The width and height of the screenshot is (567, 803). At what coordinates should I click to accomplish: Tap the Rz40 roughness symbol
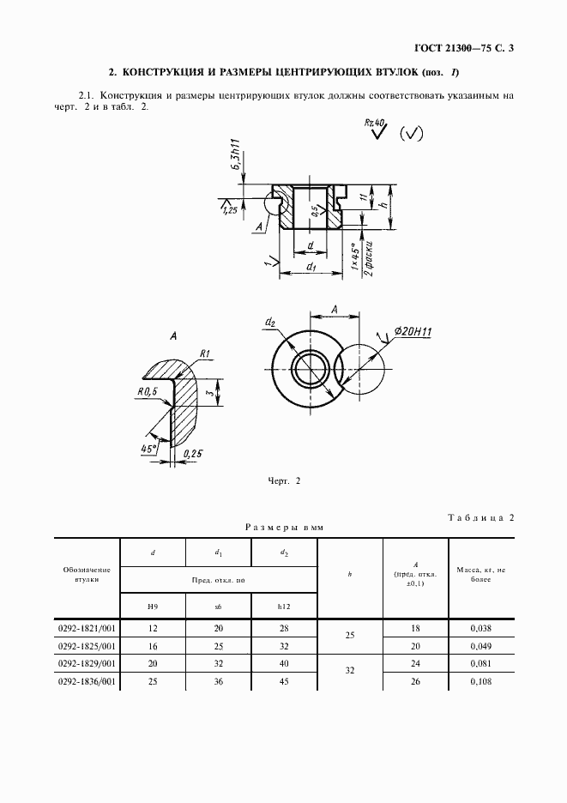click(377, 129)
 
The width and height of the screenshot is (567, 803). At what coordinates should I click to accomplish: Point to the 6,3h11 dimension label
click(237, 156)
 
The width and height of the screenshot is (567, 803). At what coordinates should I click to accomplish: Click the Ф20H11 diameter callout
click(413, 332)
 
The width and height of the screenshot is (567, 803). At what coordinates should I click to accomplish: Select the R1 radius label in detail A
click(205, 353)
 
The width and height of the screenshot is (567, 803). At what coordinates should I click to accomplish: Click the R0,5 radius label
click(148, 391)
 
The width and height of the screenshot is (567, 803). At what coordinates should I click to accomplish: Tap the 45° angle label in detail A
click(148, 449)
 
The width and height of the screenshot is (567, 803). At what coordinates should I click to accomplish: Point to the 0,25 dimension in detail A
click(192, 453)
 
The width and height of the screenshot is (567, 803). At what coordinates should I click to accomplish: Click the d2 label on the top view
click(270, 322)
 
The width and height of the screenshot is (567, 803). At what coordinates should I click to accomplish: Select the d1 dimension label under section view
click(311, 266)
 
